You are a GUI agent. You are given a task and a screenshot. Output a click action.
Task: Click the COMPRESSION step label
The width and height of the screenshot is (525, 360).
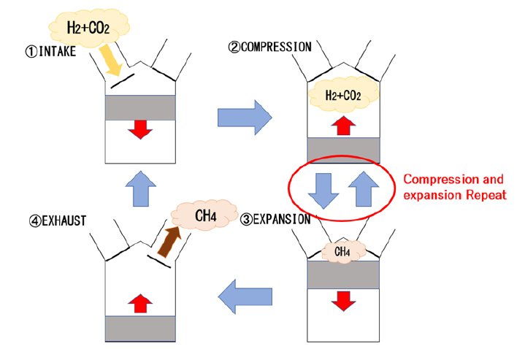point(270,47)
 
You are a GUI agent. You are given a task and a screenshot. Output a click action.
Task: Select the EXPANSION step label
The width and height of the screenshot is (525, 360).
point(277,218)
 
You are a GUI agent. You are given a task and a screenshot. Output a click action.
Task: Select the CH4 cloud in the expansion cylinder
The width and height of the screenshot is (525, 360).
point(344,253)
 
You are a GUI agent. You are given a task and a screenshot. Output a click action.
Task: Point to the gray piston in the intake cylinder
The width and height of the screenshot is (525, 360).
point(141,107)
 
